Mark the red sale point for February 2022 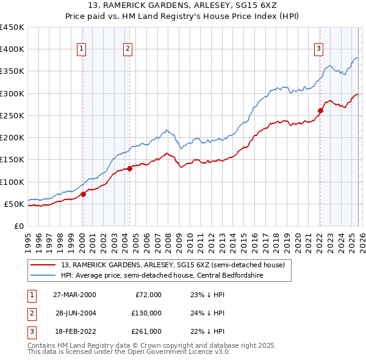click(320, 110)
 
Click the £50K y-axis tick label click(15, 204)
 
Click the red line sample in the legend click(43, 265)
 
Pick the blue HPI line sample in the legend click(43, 275)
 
